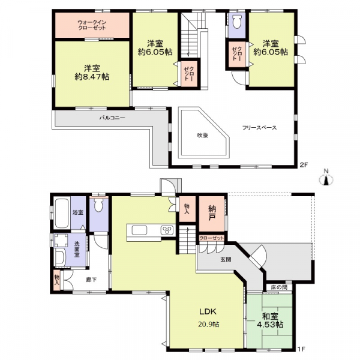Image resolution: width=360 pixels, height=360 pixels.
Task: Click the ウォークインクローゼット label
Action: click(x=92, y=25)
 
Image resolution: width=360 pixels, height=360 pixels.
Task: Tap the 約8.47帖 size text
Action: click(x=92, y=77)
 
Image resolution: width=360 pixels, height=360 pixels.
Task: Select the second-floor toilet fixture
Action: click(x=236, y=22)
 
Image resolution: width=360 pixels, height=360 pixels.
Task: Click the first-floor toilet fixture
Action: click(x=98, y=205)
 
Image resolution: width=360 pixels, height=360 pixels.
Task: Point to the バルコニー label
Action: click(x=112, y=118)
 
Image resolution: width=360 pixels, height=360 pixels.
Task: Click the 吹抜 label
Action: click(x=203, y=136)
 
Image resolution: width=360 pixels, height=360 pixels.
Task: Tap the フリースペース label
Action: click(x=260, y=128)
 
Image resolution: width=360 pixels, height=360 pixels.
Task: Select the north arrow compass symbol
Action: click(x=326, y=178)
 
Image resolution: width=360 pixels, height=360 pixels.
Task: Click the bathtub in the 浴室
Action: click(x=62, y=213)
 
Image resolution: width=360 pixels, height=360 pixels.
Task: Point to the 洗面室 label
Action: click(x=77, y=250)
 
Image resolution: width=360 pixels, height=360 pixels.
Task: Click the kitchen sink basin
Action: click(x=139, y=230)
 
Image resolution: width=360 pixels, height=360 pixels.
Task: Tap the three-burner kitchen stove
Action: click(x=167, y=230)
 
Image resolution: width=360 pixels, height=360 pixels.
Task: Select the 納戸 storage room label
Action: click(x=212, y=212)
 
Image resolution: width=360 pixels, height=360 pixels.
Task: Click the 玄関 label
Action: click(x=226, y=260)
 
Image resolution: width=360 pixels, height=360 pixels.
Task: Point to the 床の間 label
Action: click(x=278, y=287)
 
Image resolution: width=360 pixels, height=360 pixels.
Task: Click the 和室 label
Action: click(x=270, y=317)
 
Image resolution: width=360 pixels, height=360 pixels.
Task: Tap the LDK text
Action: click(x=208, y=311)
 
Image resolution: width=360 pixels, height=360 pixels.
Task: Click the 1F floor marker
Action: click(x=301, y=356)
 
